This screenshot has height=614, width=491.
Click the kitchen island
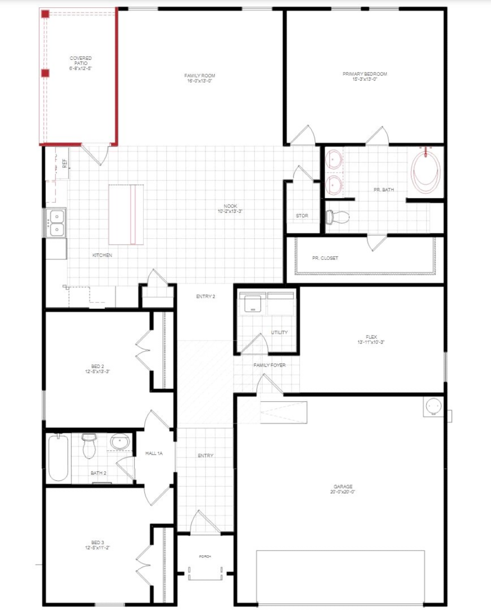126,214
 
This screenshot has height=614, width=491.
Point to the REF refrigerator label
64,163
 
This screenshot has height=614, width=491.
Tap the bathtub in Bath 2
58,457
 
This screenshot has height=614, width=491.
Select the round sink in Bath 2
120,441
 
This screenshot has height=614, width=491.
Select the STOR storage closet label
302,216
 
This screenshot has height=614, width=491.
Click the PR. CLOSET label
325,258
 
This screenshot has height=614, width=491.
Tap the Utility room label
279,332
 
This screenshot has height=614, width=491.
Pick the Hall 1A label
154,453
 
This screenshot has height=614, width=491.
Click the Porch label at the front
205,556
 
